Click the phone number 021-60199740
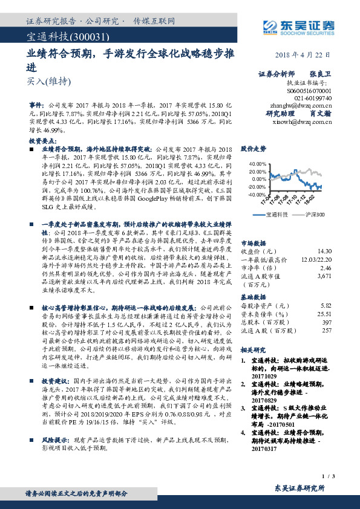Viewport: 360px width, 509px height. (313, 97)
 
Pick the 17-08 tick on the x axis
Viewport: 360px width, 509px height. (284, 201)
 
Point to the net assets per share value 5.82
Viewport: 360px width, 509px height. (326, 306)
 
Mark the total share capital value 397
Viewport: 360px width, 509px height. (327, 322)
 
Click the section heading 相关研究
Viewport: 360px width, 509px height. (253, 349)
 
